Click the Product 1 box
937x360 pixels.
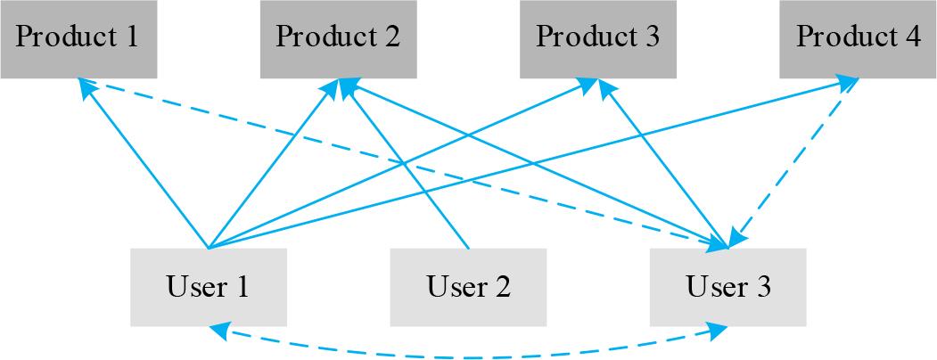pos(78,38)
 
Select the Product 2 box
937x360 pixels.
pos(338,38)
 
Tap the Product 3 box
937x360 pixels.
pos(598,38)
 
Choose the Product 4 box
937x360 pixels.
pos(858,38)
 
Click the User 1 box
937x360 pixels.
pos(208,287)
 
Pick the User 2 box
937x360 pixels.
pos(468,287)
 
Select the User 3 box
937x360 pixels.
pos(727,287)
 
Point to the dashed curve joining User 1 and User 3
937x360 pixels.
pos(468,356)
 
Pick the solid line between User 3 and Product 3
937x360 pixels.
pos(667,167)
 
